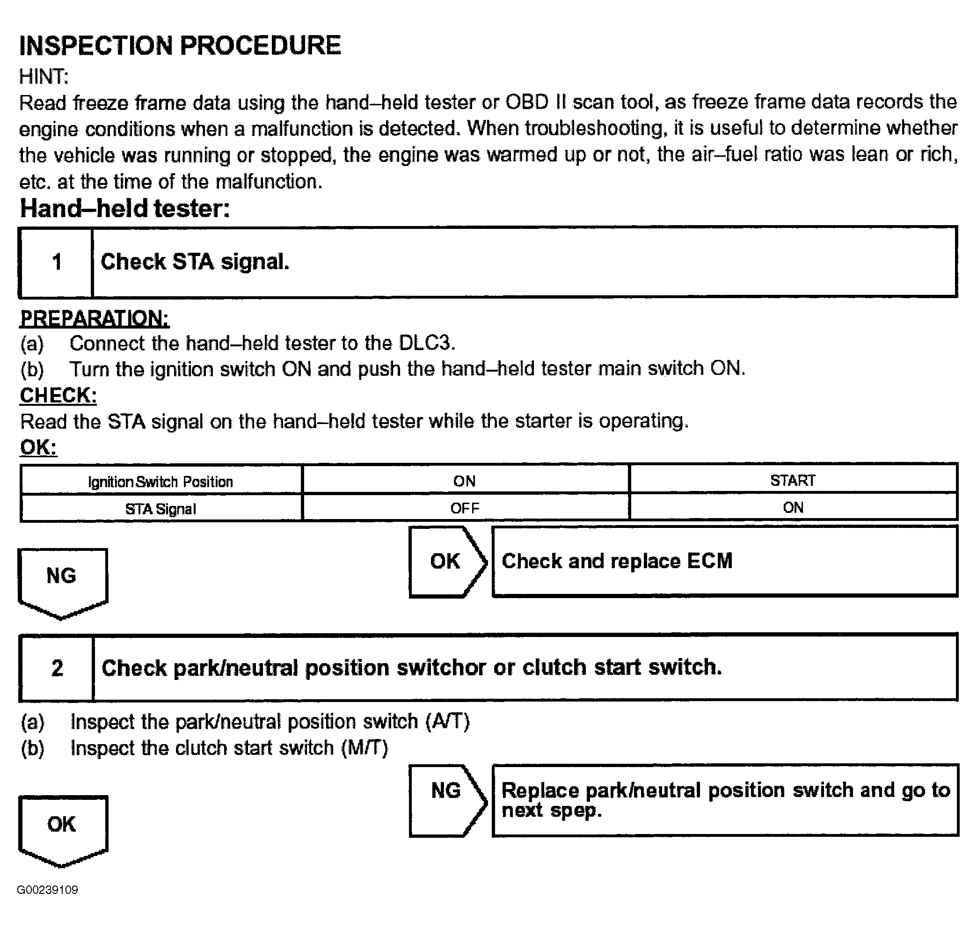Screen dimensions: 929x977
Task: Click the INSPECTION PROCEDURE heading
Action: [180, 45]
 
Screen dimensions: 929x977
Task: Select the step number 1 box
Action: [57, 262]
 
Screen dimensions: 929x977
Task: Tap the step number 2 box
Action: [57, 668]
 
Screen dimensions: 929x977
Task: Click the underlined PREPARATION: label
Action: [94, 318]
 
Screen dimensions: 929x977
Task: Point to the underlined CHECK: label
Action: [58, 395]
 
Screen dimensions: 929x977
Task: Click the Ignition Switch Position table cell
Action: [160, 481]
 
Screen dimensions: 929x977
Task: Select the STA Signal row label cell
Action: [160, 509]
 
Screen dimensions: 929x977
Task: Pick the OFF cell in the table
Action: [465, 508]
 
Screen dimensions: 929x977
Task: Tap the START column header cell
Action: [792, 480]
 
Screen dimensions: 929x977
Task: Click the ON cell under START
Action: [792, 508]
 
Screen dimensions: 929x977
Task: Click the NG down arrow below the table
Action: [62, 580]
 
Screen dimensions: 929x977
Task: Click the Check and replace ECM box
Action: [724, 562]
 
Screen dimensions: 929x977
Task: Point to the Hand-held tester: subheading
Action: [125, 208]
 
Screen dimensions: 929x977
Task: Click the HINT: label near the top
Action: [44, 77]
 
